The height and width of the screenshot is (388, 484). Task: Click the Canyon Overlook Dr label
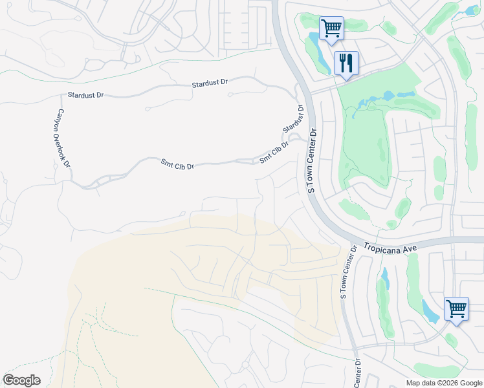click(x=63, y=138)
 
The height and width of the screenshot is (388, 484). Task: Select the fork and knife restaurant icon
click(x=346, y=63)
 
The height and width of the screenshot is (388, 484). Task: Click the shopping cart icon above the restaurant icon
click(x=331, y=28)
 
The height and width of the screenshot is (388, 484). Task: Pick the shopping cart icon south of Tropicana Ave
click(x=456, y=308)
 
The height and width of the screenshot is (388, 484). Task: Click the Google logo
click(x=21, y=380)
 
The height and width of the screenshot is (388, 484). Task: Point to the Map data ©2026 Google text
click(x=444, y=383)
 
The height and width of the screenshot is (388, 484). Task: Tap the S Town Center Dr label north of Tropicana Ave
click(x=311, y=160)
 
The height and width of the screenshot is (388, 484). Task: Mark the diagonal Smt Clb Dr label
click(x=274, y=152)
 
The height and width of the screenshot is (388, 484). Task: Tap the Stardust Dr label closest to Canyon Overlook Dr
click(x=85, y=95)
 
